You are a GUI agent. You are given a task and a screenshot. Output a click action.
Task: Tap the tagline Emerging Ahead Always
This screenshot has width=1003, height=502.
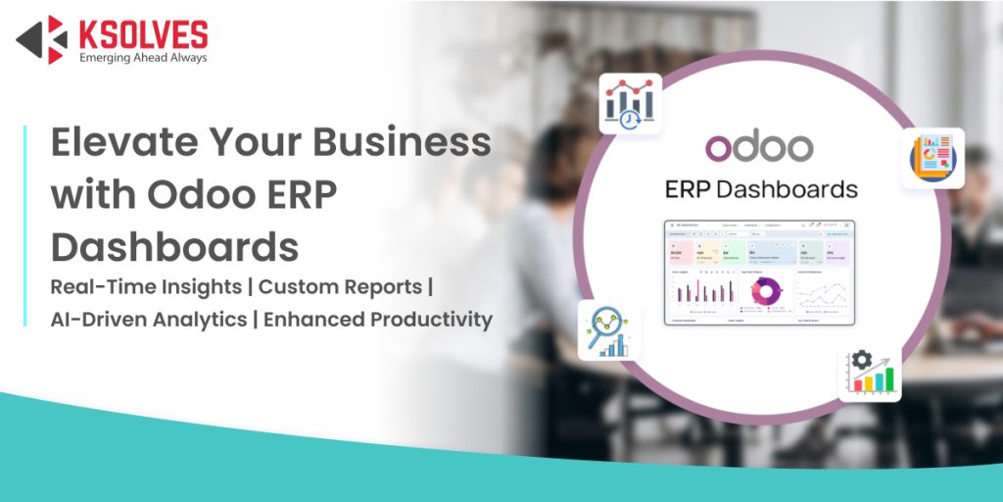click(x=143, y=58)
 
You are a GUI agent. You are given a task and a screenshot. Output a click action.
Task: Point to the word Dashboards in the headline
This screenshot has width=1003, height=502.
click(x=174, y=247)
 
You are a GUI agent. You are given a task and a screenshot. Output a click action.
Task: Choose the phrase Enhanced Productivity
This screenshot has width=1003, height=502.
click(x=378, y=320)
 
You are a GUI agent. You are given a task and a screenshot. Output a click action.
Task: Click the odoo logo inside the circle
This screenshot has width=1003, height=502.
click(x=759, y=146)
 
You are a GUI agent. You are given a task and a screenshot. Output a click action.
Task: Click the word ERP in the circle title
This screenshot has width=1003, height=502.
click(x=691, y=189)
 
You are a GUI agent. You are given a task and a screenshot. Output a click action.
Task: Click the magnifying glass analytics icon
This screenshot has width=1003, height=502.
click(x=607, y=331)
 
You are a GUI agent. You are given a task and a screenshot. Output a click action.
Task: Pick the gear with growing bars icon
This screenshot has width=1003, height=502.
click(x=869, y=372)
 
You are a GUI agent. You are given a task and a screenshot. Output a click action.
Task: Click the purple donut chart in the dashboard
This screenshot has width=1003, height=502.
click(x=765, y=291)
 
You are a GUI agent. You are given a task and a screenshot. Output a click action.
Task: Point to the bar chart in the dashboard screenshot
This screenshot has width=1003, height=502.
click(x=703, y=291)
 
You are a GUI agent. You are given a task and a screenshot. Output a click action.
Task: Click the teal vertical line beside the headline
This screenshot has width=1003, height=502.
click(x=25, y=226)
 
